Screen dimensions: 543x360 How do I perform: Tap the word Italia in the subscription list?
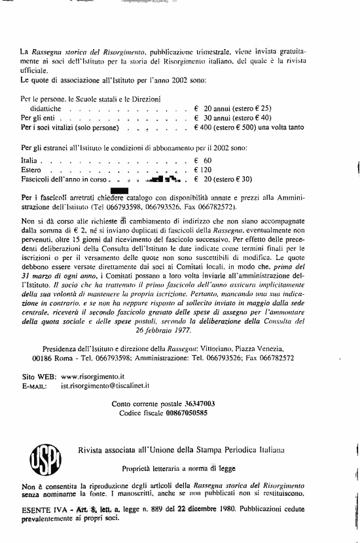point(31,160)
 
